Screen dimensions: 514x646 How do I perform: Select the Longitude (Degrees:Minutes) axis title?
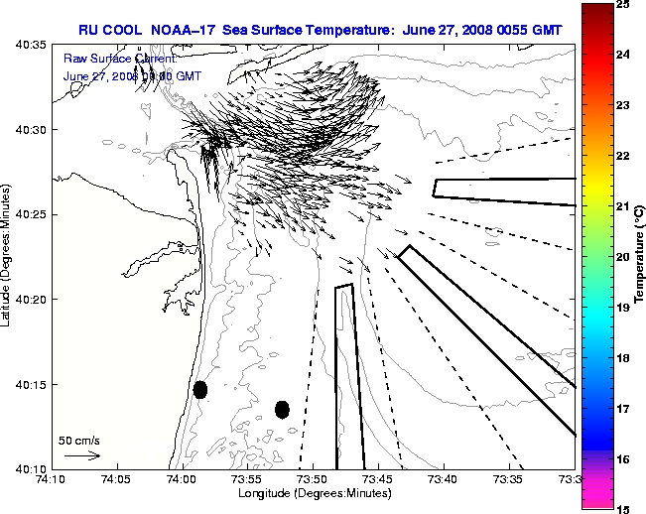click(x=314, y=492)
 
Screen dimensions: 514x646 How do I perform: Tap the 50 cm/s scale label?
click(x=79, y=440)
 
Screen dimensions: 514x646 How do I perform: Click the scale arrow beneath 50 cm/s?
click(x=82, y=455)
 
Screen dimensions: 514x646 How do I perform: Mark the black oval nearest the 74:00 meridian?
click(x=200, y=389)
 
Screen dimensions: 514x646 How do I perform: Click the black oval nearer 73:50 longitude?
click(x=282, y=409)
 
